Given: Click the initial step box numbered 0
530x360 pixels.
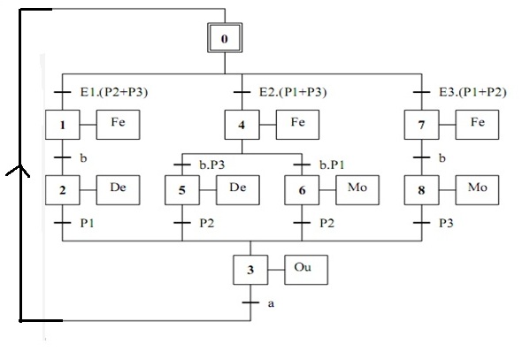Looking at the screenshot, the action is tap(225, 37).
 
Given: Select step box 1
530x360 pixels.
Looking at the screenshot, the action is tap(63, 125).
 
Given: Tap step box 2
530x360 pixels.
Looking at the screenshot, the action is tap(63, 190).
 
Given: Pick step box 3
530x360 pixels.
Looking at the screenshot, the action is tap(250, 270).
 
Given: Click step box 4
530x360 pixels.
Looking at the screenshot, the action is tap(242, 125).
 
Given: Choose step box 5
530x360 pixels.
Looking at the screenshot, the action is tap(182, 190).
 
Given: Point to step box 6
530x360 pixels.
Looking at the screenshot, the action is tap(302, 190).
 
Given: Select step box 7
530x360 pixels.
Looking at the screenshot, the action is tap(421, 125).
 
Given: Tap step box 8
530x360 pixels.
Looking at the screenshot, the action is tap(421, 190).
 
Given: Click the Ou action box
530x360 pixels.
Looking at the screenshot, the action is tap(306, 270).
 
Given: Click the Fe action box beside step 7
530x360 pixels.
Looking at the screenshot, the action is tap(477, 125).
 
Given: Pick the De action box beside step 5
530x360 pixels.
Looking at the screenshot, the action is tap(238, 190).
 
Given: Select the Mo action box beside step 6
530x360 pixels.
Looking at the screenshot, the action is tap(357, 190).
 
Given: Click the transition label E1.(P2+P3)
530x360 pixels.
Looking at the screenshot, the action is tap(114, 92).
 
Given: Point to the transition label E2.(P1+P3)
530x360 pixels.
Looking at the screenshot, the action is tap(293, 92).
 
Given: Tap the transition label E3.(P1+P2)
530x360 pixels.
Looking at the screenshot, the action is tap(472, 92).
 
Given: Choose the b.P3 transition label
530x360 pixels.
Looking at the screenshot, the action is tap(212, 165).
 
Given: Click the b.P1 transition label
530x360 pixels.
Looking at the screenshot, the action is tap(332, 165).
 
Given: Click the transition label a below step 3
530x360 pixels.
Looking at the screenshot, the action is tap(271, 304).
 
